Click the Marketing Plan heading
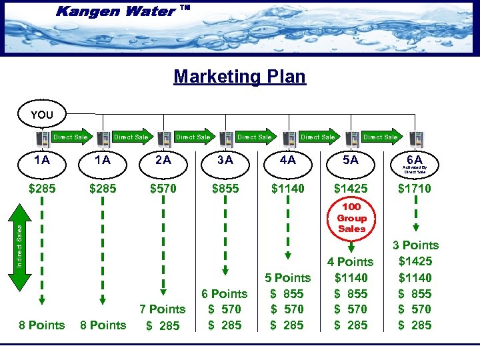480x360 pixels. click(x=239, y=76)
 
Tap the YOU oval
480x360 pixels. click(x=42, y=115)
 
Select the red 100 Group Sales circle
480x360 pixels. click(x=352, y=218)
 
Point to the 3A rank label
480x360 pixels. click(x=225, y=160)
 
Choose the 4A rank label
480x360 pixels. click(x=287, y=160)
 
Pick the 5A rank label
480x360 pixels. click(x=350, y=160)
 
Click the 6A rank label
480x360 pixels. click(x=415, y=160)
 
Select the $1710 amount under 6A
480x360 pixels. click(x=415, y=189)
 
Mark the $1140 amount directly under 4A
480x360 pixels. click(x=287, y=189)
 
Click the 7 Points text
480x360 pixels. click(x=162, y=309)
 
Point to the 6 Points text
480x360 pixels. click(x=224, y=293)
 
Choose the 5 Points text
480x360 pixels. click(x=287, y=277)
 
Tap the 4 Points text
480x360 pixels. click(x=351, y=262)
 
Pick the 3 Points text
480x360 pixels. click(x=415, y=245)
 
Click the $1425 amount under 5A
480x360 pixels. click(x=350, y=189)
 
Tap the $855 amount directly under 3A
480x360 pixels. click(x=225, y=189)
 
